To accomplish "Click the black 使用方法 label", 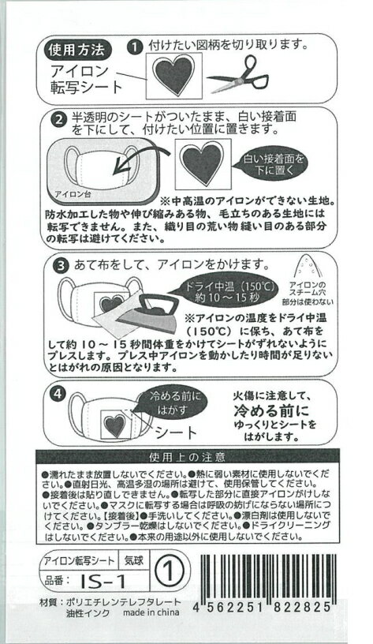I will [77, 49].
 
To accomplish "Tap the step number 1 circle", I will [135, 47].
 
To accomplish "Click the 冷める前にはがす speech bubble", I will [168, 401].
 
